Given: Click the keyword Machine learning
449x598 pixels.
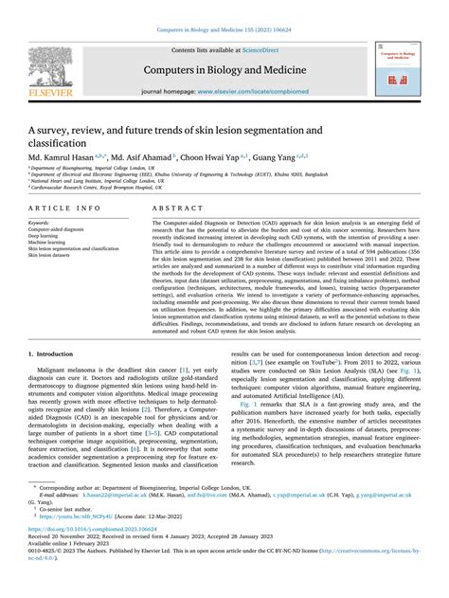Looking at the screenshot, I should (x=51, y=241).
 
